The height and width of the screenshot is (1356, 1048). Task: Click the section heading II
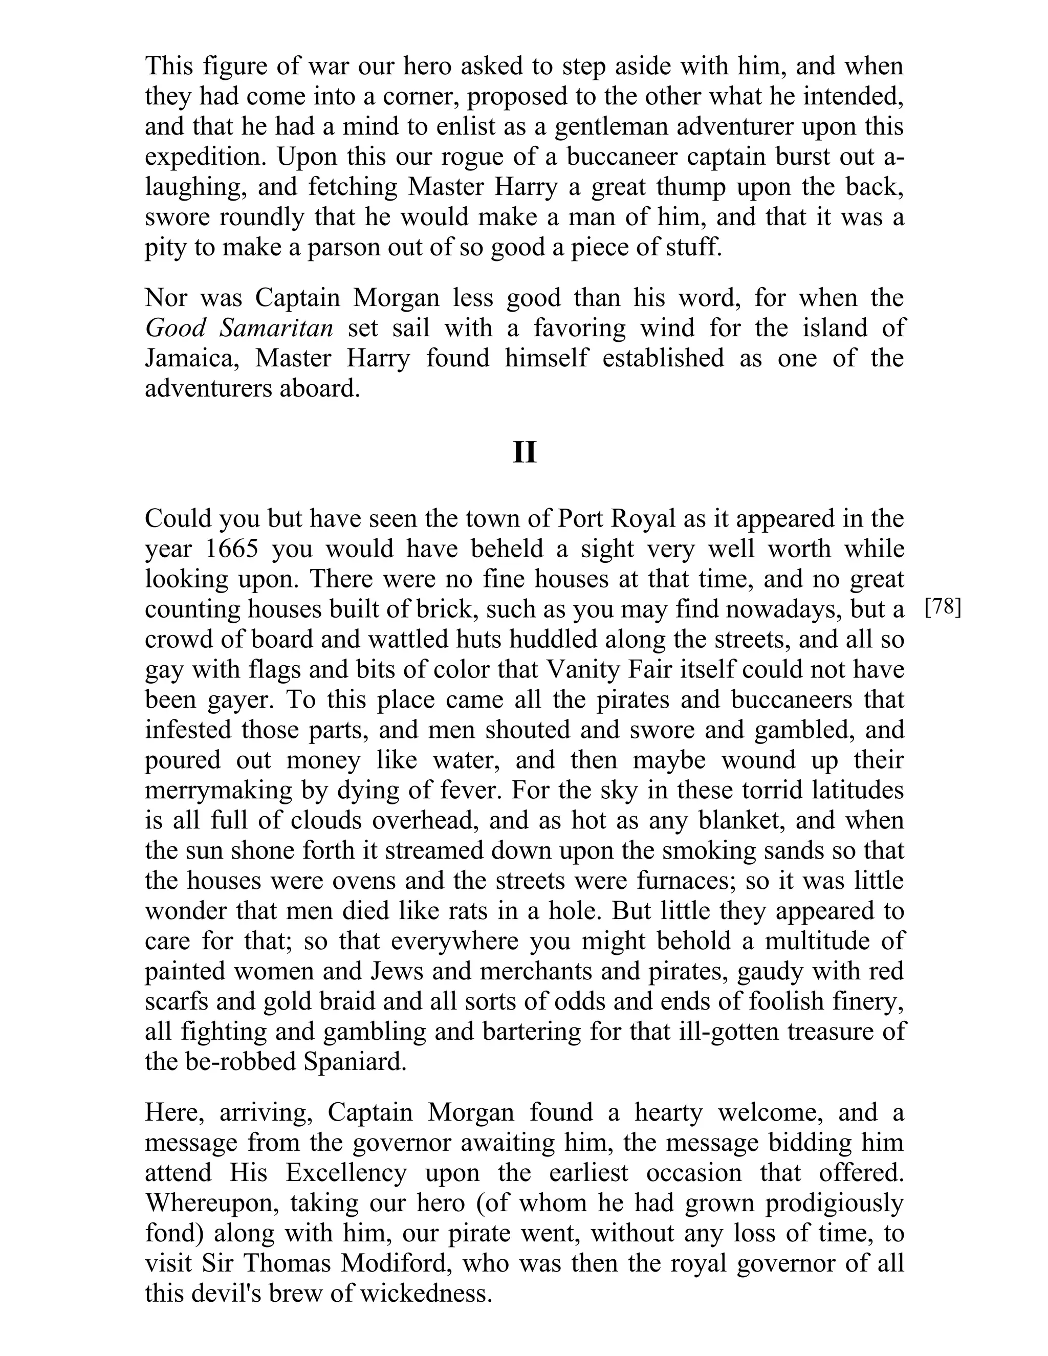point(524,453)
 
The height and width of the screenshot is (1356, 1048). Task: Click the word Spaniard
point(355,1062)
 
